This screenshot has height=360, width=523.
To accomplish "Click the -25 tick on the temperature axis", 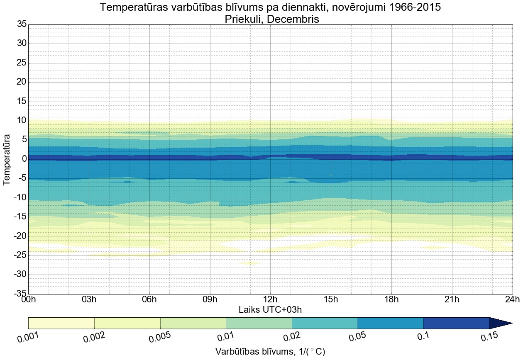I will [x=19, y=255].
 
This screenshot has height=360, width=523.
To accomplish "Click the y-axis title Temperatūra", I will [x=7, y=159].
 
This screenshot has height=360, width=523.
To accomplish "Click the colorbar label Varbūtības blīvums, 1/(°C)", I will [x=270, y=352].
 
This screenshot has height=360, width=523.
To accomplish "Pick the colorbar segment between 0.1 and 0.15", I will [x=456, y=323].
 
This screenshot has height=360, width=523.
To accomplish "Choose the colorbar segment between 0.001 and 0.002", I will [x=61, y=323].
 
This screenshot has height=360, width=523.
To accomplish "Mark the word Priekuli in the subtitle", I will [x=245, y=19].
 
